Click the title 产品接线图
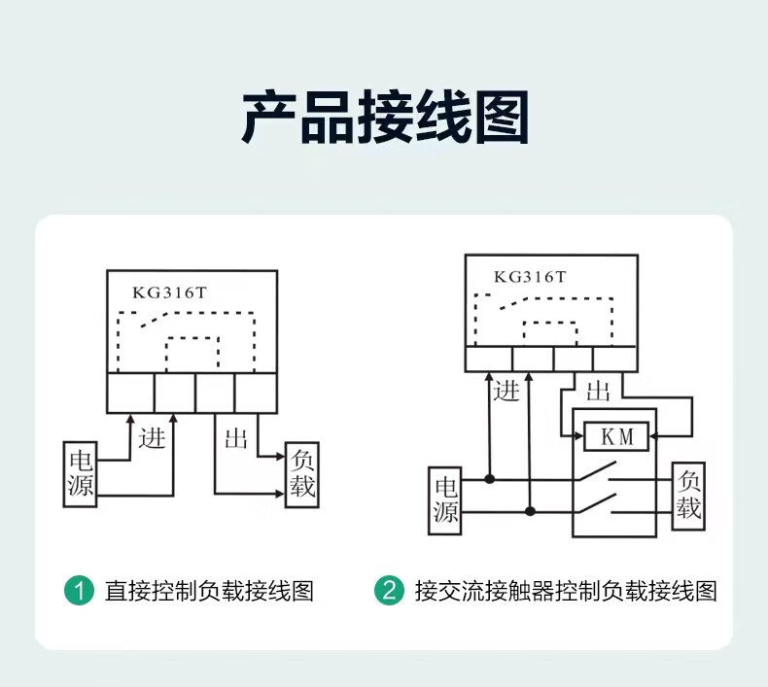384,119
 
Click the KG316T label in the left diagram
170,292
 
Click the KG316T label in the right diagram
530,276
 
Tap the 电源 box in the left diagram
81,474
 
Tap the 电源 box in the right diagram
446,499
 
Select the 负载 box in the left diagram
302,475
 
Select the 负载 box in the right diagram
688,496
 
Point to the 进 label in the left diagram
153,437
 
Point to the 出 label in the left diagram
236,437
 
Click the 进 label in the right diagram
506,391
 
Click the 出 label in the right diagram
598,391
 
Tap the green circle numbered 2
390,590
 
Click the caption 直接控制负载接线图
209,590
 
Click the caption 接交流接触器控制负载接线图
565,590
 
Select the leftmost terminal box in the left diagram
129,393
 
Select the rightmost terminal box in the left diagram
256,393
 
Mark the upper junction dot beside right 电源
490,479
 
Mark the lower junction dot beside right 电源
530,510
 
